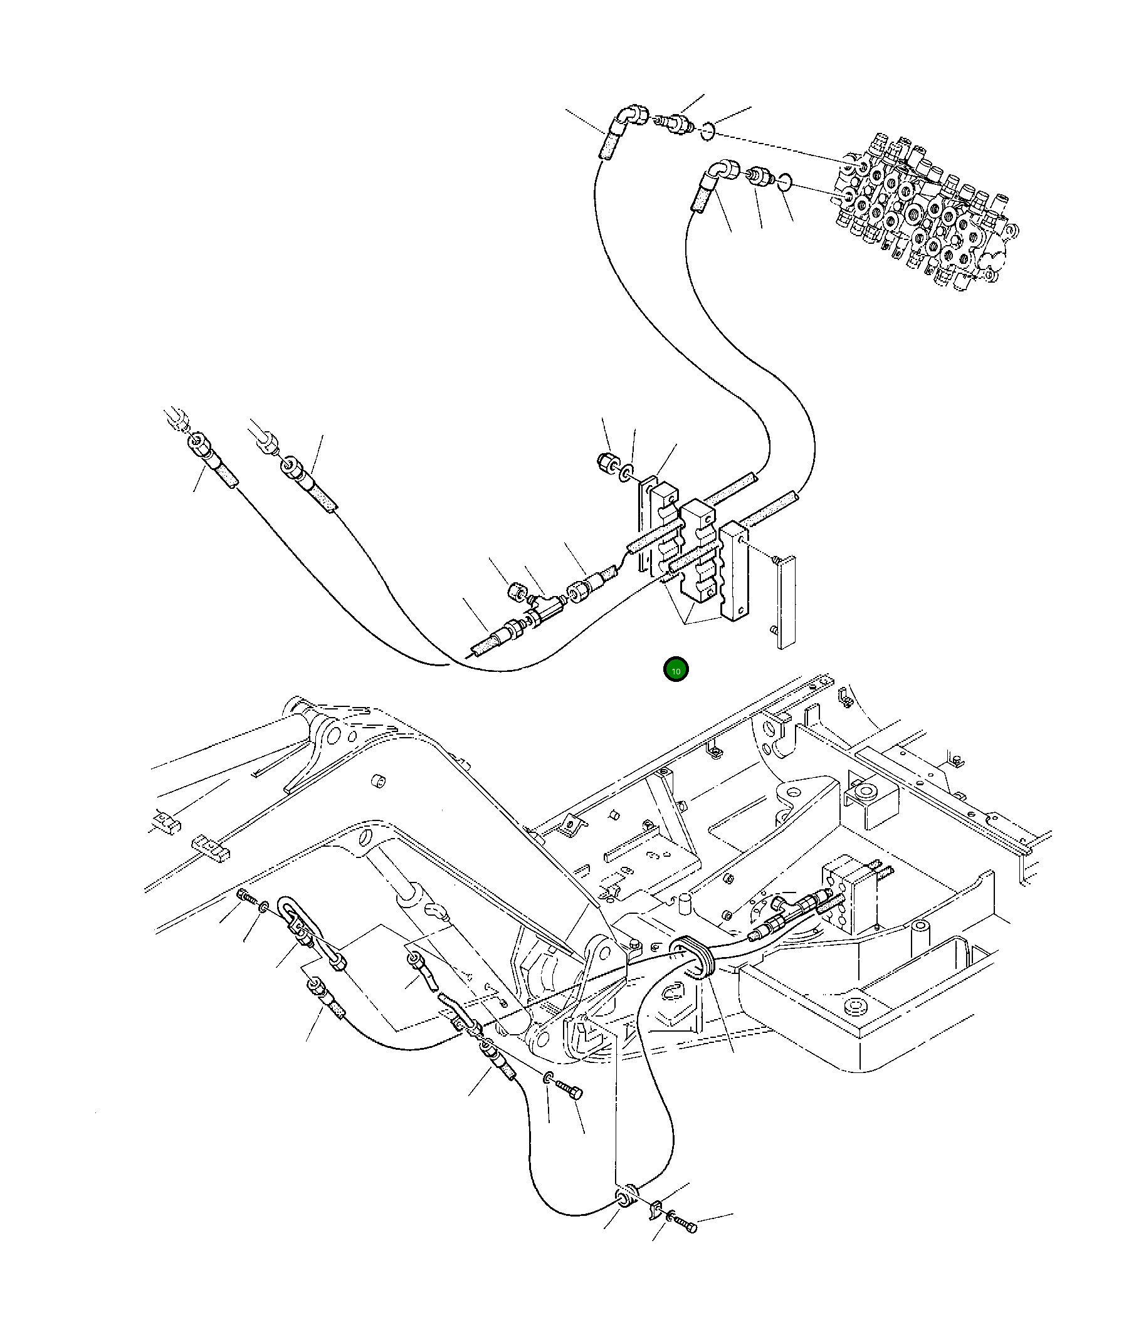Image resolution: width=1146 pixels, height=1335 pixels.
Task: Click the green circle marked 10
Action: [675, 670]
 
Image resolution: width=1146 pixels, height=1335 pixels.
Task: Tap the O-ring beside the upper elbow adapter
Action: [708, 132]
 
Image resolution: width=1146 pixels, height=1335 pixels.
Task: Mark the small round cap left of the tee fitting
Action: [517, 590]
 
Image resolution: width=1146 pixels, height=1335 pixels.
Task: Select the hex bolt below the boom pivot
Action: [572, 1091]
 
